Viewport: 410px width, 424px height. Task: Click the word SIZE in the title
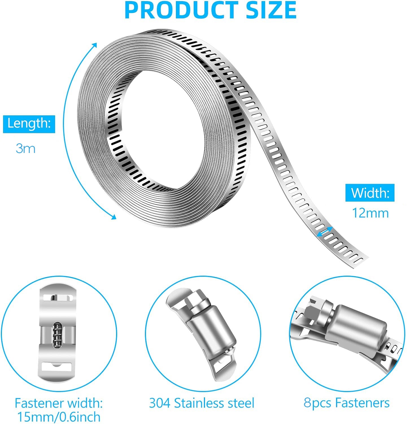pos(271,10)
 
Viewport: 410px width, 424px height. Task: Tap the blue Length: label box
pos(29,124)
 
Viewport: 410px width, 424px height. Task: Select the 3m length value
pos(26,148)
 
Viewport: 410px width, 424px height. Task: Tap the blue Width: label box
pos(370,193)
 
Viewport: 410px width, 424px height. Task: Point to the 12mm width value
pos(370,213)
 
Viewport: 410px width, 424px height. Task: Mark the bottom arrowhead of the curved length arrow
pos(114,217)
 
